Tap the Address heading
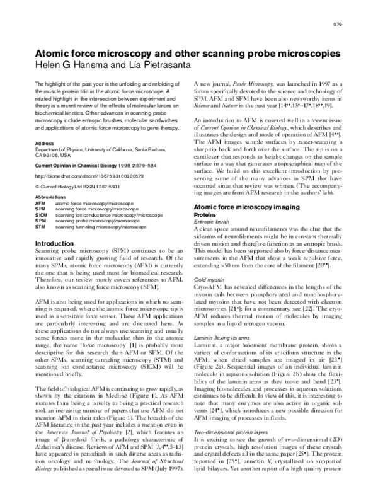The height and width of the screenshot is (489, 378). pos(45,143)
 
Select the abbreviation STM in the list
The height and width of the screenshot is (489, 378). pos(41,225)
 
